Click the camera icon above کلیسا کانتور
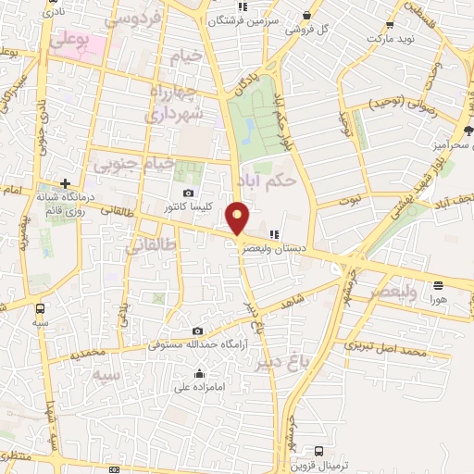(189, 193)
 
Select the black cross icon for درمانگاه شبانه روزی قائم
(65, 183)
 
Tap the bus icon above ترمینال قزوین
(319, 451)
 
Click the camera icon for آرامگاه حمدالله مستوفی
(197, 331)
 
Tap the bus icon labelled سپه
(39, 308)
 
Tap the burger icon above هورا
(438, 286)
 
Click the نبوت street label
(351, 200)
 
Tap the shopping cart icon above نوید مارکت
(389, 26)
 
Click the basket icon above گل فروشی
(306, 14)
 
